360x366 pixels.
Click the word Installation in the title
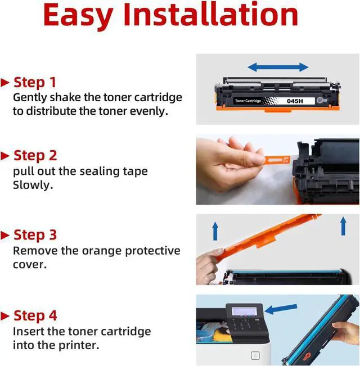(211, 15)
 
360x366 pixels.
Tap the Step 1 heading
(35, 83)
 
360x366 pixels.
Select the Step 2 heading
(35, 156)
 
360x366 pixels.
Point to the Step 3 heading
(35, 235)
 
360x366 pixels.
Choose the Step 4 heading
(35, 315)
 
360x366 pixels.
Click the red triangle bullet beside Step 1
(5, 83)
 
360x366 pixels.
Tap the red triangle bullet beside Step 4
(5, 316)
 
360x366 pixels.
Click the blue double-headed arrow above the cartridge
(278, 67)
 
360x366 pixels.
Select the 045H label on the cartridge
(295, 101)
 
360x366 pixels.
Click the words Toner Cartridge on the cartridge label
(248, 101)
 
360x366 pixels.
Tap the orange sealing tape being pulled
(277, 160)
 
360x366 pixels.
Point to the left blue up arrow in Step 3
(215, 231)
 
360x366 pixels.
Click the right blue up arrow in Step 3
(343, 226)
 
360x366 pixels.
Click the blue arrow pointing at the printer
(281, 309)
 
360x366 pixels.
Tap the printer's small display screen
(244, 311)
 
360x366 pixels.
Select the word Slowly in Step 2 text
(33, 185)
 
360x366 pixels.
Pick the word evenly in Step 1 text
(149, 111)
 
